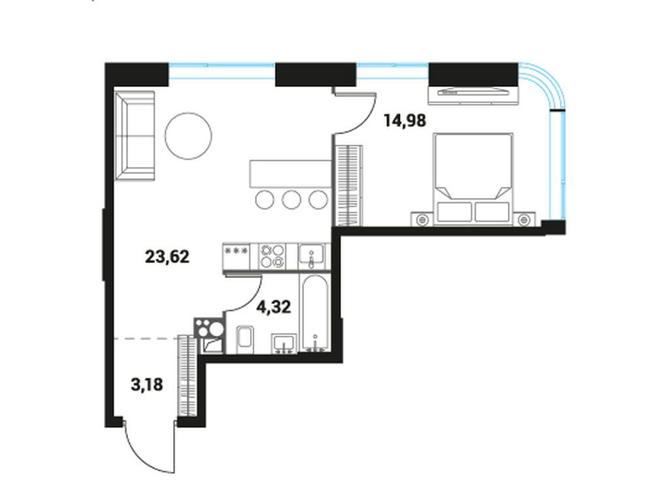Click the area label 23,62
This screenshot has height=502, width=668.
pyautogui.click(x=167, y=257)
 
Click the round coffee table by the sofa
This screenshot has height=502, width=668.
pyautogui.click(x=188, y=137)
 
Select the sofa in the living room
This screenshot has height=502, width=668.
pyautogui.click(x=135, y=136)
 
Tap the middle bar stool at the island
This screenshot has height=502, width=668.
pyautogui.click(x=292, y=199)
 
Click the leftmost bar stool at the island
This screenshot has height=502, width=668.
pyautogui.click(x=265, y=199)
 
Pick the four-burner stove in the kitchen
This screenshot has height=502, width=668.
pyautogui.click(x=272, y=256)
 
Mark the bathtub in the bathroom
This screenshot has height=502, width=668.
pyautogui.click(x=315, y=313)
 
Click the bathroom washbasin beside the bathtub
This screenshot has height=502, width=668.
pyautogui.click(x=284, y=343)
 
